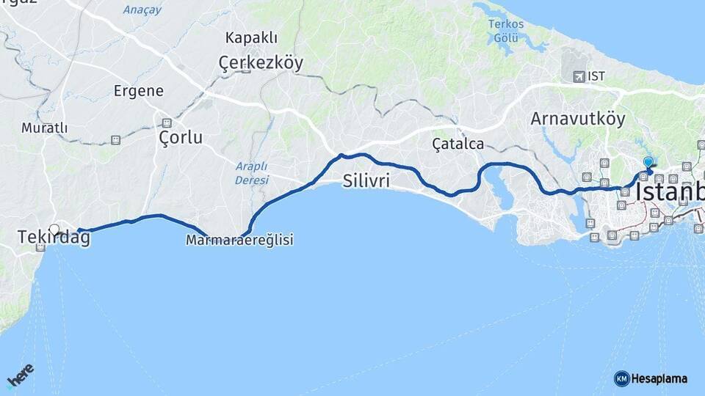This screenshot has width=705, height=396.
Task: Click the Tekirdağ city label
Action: [x=54, y=238]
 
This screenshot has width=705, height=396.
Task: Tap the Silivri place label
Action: [x=366, y=181]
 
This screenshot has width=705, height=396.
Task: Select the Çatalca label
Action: [x=458, y=144]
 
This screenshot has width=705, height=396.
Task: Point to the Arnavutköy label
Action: [x=577, y=118]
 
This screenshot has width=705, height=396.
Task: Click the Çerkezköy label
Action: [x=261, y=64]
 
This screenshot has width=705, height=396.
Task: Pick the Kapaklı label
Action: [x=251, y=38]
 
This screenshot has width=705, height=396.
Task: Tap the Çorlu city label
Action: [x=181, y=137]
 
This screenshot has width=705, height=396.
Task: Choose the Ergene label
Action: [x=138, y=91]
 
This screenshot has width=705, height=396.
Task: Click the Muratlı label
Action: [x=44, y=128]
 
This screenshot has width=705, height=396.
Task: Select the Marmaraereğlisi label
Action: [x=239, y=240]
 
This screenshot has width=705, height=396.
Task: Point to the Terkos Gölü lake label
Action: [x=507, y=31]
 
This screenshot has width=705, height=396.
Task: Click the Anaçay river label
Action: [x=142, y=10]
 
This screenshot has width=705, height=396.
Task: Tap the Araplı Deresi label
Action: [x=252, y=172]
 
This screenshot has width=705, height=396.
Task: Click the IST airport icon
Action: [x=579, y=76]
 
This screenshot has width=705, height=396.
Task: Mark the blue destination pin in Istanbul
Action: [x=647, y=163]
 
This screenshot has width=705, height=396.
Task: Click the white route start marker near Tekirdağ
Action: [x=54, y=229]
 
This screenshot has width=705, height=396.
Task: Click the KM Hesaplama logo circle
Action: [x=621, y=378]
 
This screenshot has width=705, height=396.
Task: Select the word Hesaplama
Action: [x=659, y=378]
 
